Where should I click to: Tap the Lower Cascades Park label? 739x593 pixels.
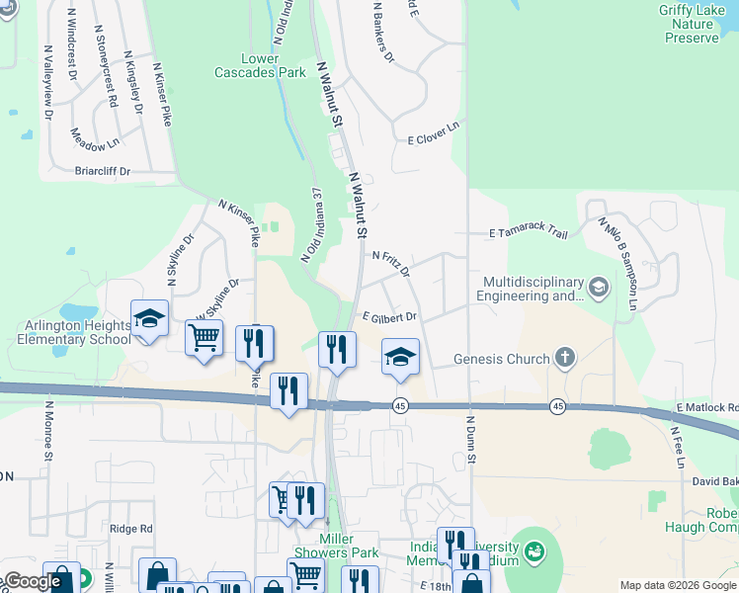(260, 65)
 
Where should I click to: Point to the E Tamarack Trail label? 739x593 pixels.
(529, 233)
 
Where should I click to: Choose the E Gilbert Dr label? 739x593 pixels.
(389, 317)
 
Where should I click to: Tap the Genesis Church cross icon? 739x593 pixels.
(564, 358)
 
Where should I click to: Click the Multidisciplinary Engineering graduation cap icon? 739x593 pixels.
(598, 288)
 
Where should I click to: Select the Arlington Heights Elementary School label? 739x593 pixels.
(73, 332)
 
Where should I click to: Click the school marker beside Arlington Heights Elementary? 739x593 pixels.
(149, 318)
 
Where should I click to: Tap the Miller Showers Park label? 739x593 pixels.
(336, 546)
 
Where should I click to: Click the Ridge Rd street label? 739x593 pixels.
(131, 529)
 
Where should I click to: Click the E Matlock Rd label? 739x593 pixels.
(706, 407)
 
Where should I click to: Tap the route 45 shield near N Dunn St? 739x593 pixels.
(557, 407)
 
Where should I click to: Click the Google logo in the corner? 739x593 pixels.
(33, 581)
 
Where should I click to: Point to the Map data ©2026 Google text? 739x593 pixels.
(676, 585)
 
